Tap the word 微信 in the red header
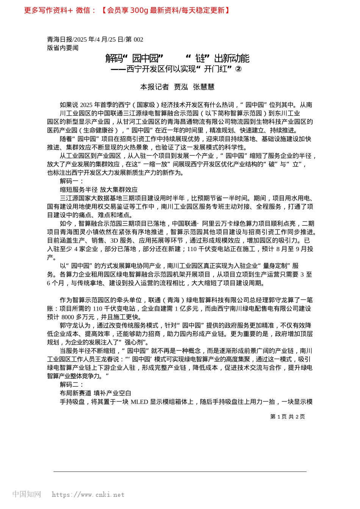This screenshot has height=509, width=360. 83,10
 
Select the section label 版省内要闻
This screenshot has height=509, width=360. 63,48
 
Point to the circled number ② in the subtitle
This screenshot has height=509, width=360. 238,69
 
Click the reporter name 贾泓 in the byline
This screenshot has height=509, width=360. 181,87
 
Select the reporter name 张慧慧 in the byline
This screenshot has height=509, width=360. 203,87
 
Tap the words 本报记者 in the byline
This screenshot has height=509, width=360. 154,87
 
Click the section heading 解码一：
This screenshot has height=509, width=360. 72,181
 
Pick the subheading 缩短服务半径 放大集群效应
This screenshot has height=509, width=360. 99,190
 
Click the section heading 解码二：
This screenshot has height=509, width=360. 72,385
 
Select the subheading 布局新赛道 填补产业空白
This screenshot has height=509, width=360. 95,393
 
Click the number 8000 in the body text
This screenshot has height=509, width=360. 67,317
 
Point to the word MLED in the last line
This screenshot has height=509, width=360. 139,402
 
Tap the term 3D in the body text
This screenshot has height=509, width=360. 114,240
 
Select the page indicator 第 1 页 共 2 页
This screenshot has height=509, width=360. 287,417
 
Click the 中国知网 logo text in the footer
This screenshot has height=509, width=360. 27,494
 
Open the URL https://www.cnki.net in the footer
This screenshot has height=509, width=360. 88,495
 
